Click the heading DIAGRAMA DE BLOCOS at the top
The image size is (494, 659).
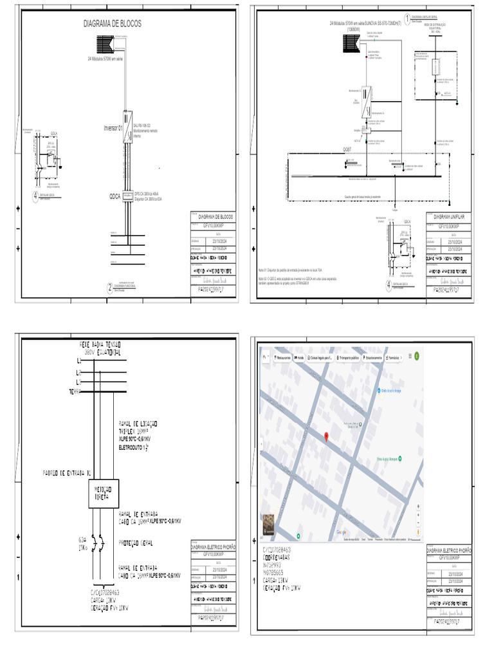pyautogui.click(x=113, y=24)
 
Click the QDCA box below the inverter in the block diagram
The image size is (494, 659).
pyautogui.click(x=127, y=194)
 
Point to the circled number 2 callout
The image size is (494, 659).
pyautogui.click(x=109, y=289)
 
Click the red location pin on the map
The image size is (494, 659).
pyautogui.click(x=326, y=438)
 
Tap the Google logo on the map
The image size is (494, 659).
pyautogui.click(x=341, y=532)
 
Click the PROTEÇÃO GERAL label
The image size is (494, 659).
pyautogui.click(x=138, y=543)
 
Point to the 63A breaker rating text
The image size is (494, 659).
pyautogui.click(x=82, y=539)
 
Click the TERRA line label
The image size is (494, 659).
pyautogui.click(x=78, y=391)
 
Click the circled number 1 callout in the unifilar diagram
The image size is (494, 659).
pyautogui.click(x=407, y=18)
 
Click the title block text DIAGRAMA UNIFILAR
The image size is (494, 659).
pyautogui.click(x=452, y=217)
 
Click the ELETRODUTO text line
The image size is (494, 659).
pyautogui.click(x=136, y=446)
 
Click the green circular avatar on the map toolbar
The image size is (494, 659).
pyautogui.click(x=416, y=356)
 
